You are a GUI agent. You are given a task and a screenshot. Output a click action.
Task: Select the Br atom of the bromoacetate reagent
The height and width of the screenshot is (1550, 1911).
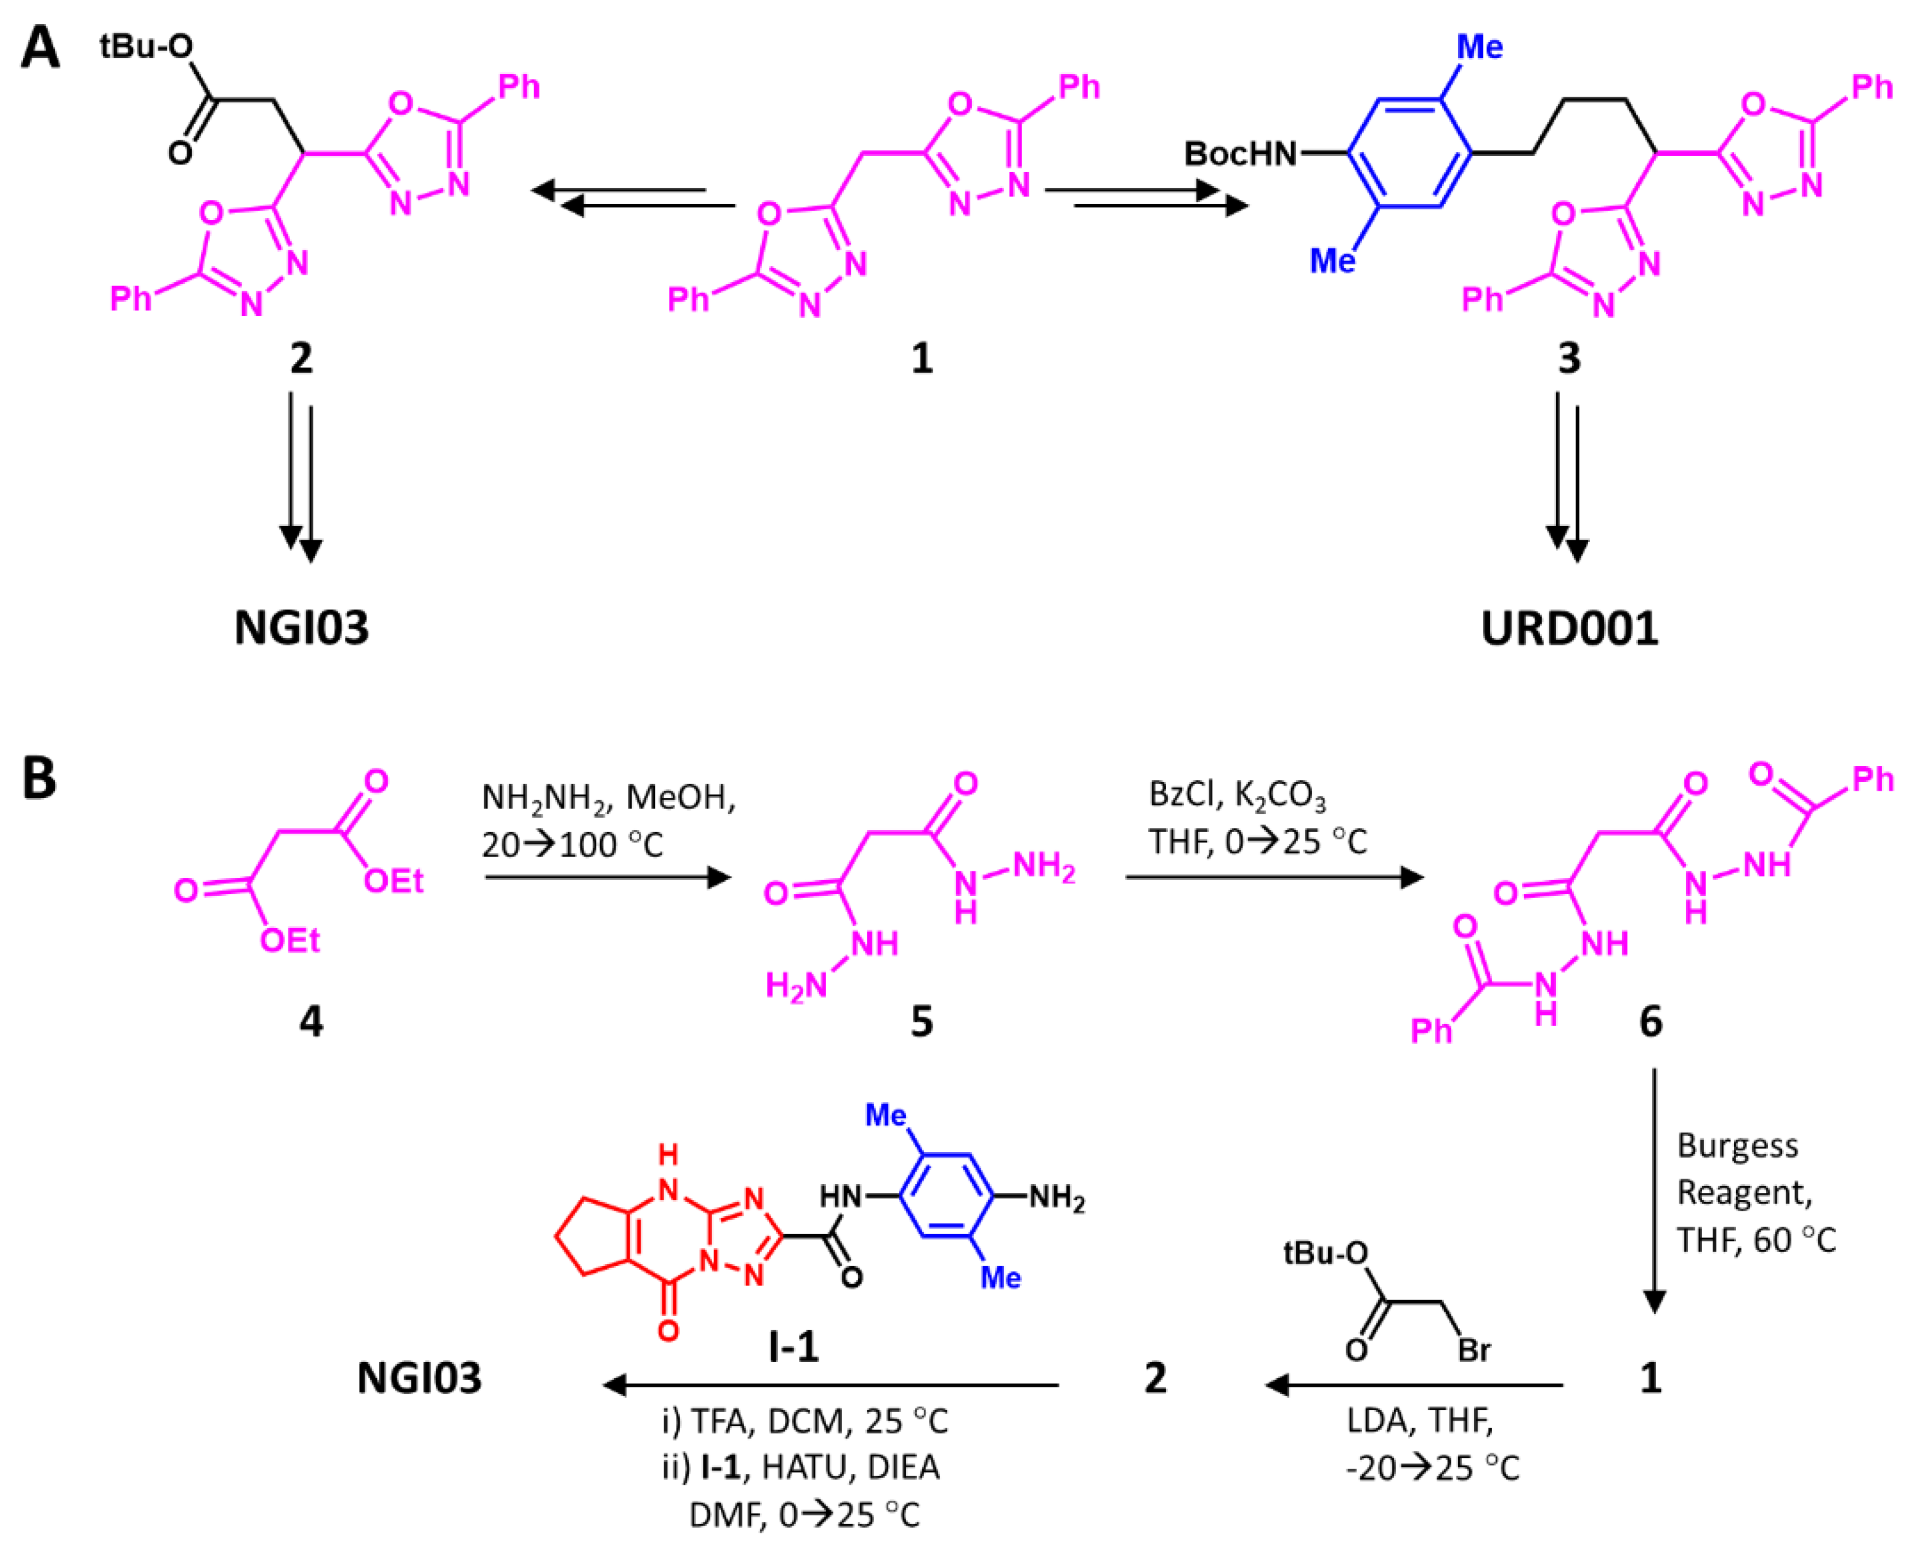click(x=1474, y=1350)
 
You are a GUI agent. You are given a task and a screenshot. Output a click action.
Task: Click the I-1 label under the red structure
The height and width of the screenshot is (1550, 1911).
click(x=793, y=1346)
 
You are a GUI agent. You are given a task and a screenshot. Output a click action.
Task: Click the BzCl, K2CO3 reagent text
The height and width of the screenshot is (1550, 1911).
click(x=1237, y=794)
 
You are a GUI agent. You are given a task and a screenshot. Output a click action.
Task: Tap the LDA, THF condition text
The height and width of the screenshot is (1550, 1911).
click(x=1420, y=1419)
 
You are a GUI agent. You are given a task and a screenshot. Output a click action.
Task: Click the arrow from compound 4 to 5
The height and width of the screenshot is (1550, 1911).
click(x=607, y=878)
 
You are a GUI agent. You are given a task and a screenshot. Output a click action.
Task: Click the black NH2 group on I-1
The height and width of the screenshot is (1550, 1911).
click(x=1057, y=1197)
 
